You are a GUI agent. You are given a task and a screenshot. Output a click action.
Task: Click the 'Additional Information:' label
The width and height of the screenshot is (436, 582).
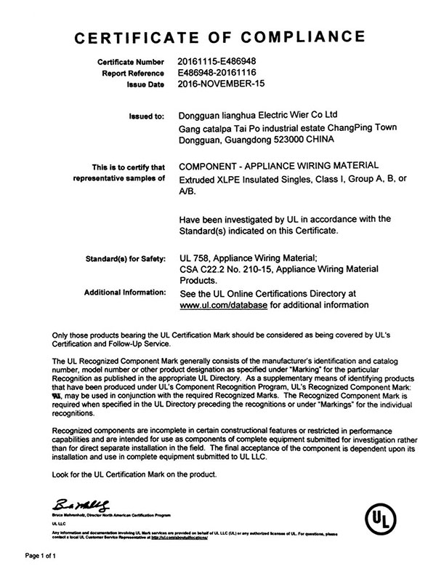click(124, 292)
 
